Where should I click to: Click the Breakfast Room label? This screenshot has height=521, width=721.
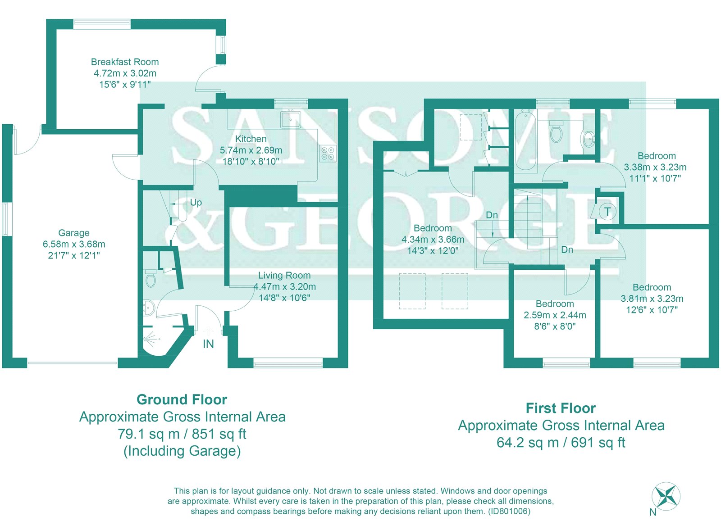(125, 62)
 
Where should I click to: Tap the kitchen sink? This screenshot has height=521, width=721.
(290, 119)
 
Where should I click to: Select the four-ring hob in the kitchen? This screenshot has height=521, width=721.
(328, 154)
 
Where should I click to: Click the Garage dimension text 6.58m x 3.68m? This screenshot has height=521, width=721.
(74, 244)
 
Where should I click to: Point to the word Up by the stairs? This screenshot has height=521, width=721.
(196, 203)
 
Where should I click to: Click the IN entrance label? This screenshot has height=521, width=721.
(208, 344)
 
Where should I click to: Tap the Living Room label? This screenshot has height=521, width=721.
(284, 275)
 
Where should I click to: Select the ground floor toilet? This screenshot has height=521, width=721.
(151, 278)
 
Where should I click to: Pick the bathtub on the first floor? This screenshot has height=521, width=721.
(525, 141)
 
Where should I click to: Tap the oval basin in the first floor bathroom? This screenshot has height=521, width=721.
(589, 139)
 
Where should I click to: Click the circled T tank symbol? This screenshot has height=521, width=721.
(607, 212)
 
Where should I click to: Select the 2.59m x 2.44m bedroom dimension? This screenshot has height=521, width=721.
(555, 315)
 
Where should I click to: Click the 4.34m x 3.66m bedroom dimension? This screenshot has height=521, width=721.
(433, 240)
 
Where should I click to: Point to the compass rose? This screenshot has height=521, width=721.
(666, 497)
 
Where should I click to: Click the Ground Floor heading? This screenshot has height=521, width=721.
(182, 400)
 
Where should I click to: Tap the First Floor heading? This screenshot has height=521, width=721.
(561, 408)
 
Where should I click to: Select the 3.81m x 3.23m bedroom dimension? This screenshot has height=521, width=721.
(652, 299)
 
